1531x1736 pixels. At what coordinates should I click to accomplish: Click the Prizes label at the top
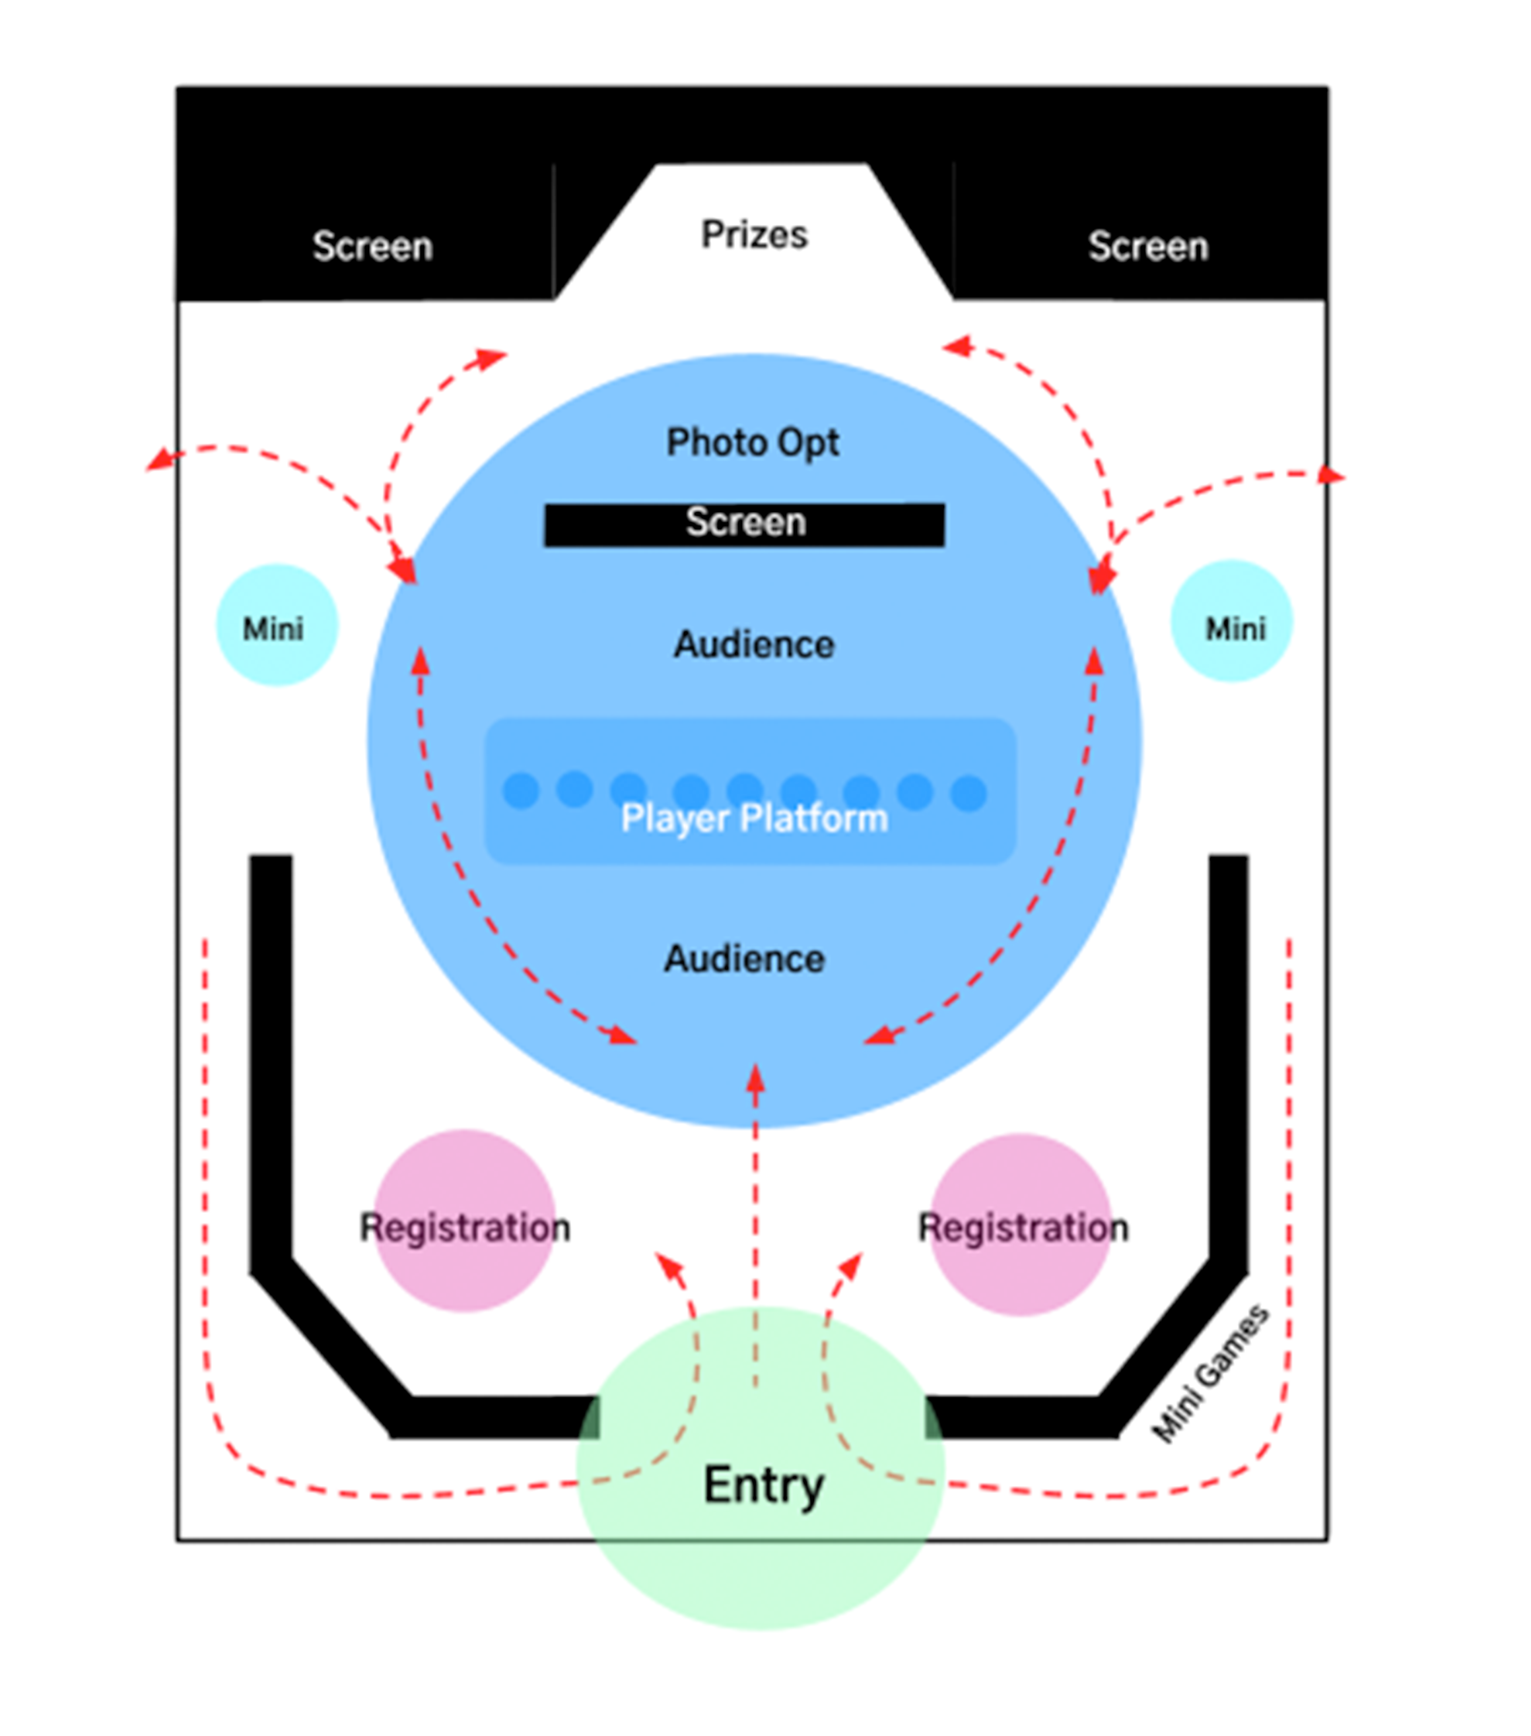[x=753, y=234]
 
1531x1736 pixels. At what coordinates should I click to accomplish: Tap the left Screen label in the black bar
[x=372, y=246]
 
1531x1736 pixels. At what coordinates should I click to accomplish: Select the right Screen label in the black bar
[x=1148, y=246]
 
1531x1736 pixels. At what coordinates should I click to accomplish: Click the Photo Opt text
[x=753, y=443]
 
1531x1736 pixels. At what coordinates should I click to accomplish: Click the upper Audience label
[x=753, y=645]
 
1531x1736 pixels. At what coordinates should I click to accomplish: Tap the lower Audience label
[x=744, y=959]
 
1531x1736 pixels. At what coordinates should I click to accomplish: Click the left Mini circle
[x=277, y=625]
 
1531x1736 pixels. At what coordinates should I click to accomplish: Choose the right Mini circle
[x=1232, y=622]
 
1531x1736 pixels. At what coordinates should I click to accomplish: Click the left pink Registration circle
[x=465, y=1221]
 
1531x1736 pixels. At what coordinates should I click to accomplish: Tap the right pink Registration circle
[x=1021, y=1225]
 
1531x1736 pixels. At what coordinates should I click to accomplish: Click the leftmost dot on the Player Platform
[x=521, y=790]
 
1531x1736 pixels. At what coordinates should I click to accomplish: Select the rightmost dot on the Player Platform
[x=969, y=793]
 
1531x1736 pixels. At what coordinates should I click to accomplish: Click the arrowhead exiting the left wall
[x=156, y=461]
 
